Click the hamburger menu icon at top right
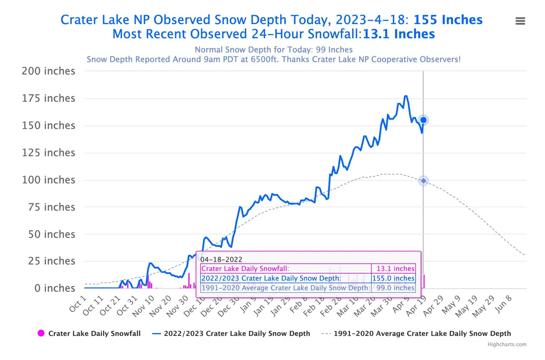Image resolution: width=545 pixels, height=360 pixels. (520, 21)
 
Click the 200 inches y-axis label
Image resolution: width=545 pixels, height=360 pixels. (49, 71)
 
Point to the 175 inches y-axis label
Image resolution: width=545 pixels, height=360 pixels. (49, 99)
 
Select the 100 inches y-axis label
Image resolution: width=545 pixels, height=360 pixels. (49, 180)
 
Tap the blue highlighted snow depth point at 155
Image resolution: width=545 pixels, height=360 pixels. (423, 120)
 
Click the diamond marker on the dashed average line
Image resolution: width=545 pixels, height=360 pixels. (423, 181)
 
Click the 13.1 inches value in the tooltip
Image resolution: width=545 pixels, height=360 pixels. (395, 269)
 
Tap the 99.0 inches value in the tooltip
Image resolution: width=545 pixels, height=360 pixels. (395, 288)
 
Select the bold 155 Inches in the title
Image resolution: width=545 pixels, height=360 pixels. (448, 20)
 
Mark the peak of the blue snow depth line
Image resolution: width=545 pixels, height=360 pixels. (406, 96)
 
